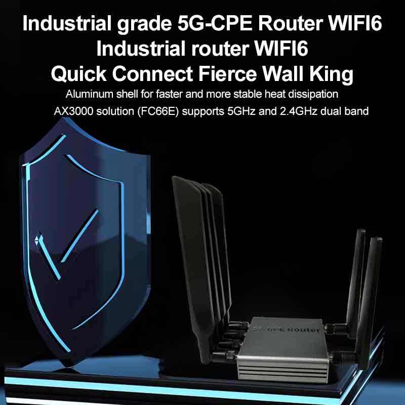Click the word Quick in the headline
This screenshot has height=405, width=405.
point(78,74)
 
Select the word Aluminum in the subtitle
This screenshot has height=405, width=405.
point(86,95)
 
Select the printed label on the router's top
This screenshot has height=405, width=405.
point(286,329)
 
